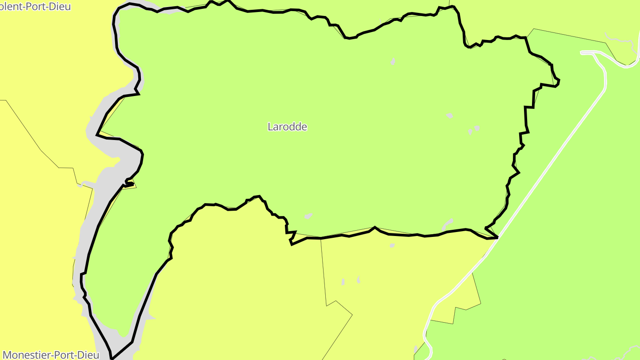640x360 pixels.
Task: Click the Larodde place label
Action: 287,127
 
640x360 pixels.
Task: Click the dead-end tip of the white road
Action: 582,53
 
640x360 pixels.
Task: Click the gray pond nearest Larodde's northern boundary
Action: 393,61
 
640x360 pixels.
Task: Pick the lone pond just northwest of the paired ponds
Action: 449,116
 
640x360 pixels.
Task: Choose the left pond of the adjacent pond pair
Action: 470,132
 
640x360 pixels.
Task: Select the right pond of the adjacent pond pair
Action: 477,128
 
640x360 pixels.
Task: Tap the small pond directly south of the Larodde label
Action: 308,216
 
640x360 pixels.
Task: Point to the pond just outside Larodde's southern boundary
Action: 392,245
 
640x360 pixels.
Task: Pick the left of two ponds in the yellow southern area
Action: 343,282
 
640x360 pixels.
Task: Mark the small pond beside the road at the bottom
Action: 416,349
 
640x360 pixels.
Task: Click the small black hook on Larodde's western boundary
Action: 130,183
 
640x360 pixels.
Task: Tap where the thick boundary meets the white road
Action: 497,238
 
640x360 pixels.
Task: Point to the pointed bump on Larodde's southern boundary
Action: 375,228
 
